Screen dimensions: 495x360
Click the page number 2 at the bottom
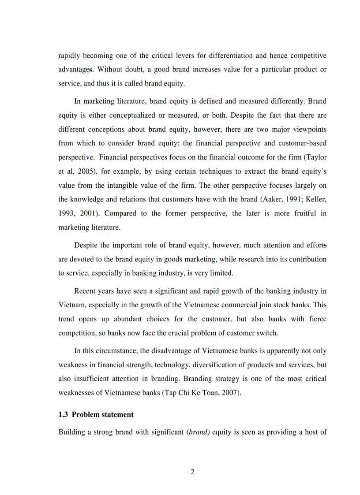point(192,472)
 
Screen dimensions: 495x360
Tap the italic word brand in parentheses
point(199,432)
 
